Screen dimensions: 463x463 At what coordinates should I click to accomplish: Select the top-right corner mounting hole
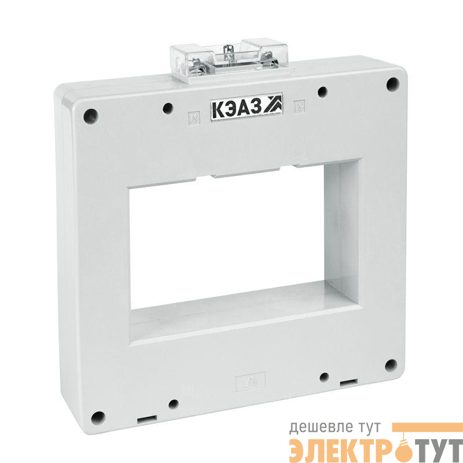[393, 84]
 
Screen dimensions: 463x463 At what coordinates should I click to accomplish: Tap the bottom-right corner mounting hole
[391, 365]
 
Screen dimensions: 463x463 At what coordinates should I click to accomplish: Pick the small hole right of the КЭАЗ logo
[323, 91]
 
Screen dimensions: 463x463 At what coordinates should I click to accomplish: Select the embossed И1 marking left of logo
[193, 120]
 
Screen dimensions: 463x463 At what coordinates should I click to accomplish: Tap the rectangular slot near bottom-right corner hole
[348, 383]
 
